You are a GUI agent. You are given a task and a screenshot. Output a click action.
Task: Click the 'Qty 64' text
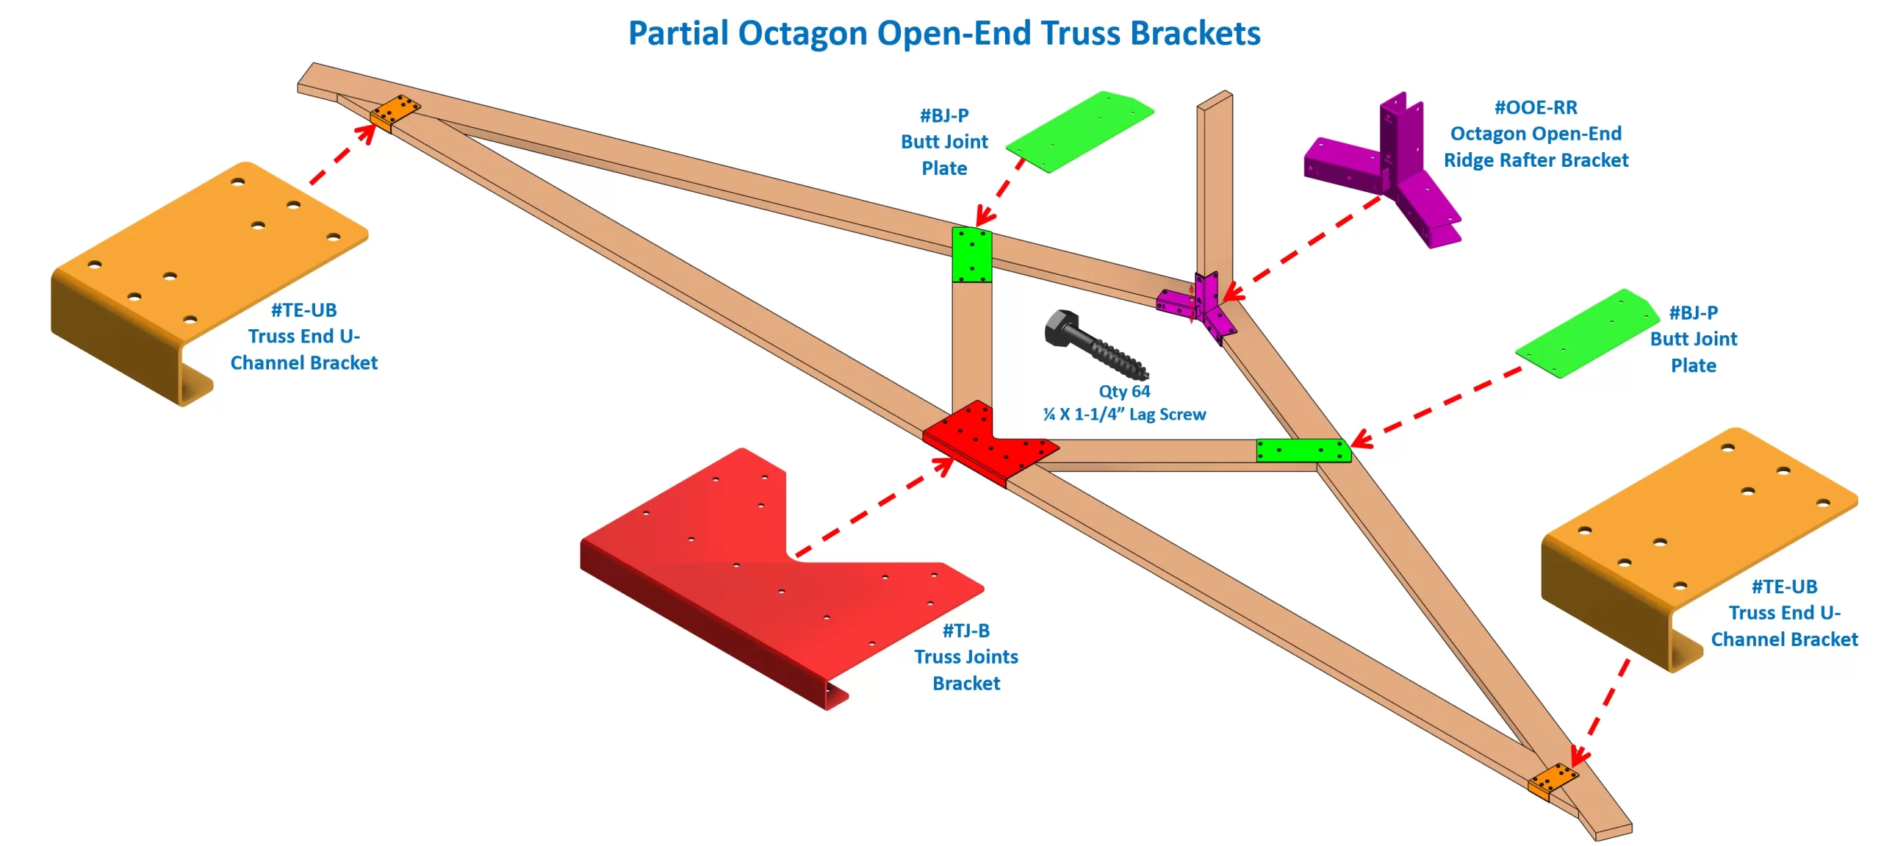click(1124, 391)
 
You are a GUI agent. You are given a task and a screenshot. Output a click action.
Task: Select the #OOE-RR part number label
click(1536, 107)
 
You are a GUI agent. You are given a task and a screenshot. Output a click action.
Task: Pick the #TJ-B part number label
click(965, 631)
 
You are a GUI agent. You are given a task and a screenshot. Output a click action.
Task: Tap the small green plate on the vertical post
click(971, 254)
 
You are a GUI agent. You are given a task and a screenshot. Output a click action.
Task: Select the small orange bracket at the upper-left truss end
click(395, 111)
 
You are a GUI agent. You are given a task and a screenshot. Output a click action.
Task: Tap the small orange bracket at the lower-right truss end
click(1552, 780)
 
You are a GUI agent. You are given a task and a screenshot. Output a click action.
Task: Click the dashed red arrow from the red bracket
click(874, 507)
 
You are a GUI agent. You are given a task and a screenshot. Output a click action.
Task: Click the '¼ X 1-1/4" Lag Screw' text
click(1124, 415)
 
